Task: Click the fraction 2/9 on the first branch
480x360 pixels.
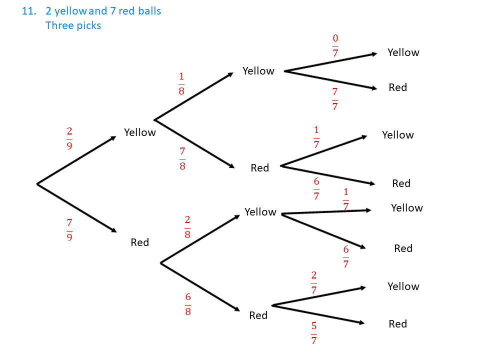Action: tap(69, 138)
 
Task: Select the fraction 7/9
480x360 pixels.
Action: tap(69, 229)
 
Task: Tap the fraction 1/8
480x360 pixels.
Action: tap(181, 83)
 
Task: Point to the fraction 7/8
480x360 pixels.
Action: tap(182, 158)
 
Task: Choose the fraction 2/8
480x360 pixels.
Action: tap(187, 227)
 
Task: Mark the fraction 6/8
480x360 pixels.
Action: tap(187, 304)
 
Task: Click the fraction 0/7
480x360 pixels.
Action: tap(335, 45)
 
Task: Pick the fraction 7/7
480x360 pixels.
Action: tap(334, 99)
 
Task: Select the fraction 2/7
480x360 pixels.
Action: tap(313, 282)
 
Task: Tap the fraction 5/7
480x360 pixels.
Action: tap(313, 333)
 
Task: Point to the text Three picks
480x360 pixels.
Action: tap(73, 25)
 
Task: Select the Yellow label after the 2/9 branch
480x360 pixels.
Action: tap(140, 132)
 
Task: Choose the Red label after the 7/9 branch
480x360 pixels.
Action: tap(140, 242)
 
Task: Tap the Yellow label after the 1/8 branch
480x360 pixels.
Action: tap(258, 71)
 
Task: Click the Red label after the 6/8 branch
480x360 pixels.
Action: tap(258, 315)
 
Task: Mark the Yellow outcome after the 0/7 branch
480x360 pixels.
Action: tap(403, 52)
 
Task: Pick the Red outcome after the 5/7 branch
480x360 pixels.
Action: tap(398, 324)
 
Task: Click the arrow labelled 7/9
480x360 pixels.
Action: tap(76, 208)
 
